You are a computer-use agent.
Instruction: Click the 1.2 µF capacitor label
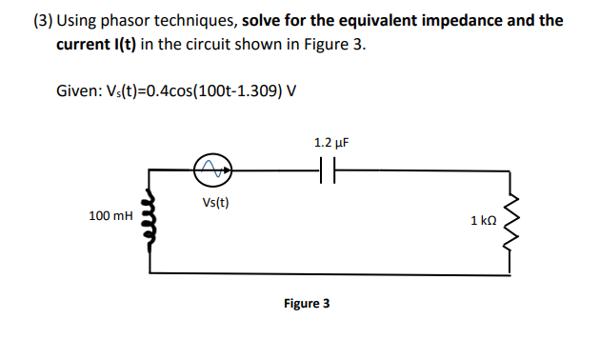click(x=330, y=142)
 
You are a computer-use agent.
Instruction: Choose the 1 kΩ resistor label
click(x=483, y=221)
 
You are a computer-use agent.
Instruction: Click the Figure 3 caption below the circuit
click(x=307, y=304)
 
